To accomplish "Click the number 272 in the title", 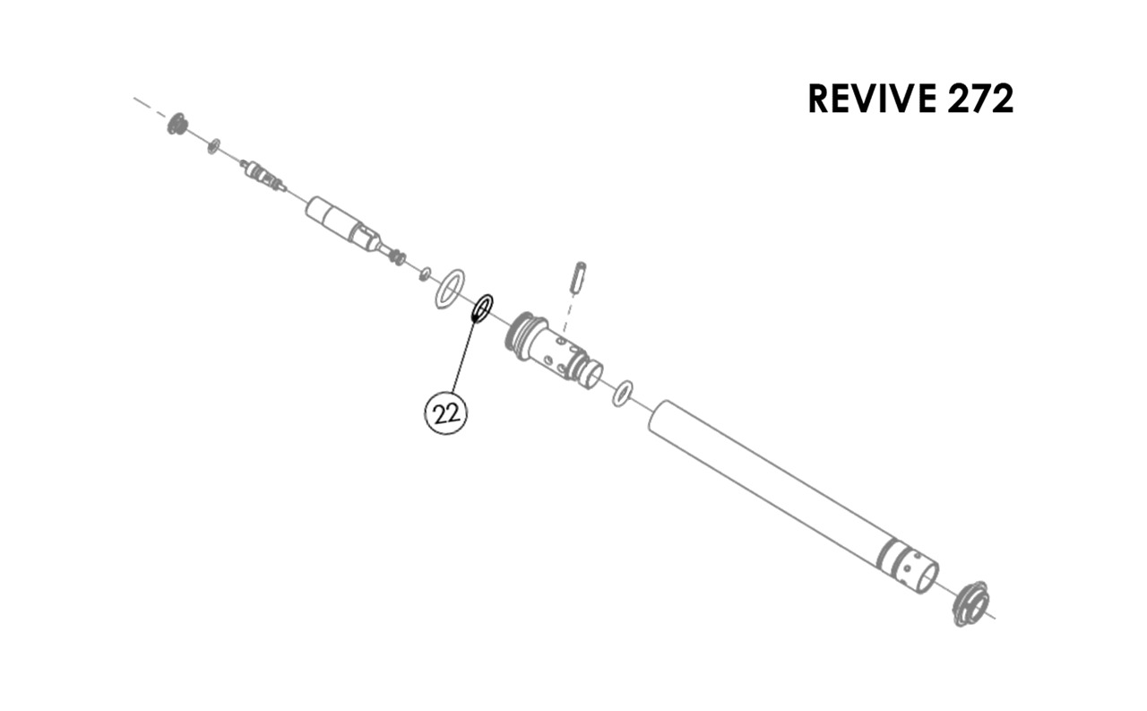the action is (x=980, y=99).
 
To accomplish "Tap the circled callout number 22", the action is (x=446, y=413).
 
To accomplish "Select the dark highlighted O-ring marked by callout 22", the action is (x=482, y=309).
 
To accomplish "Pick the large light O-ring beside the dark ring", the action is (x=450, y=290).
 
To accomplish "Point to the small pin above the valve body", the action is (x=579, y=277).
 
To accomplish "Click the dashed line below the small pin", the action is (x=567, y=313).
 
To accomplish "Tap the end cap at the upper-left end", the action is (x=177, y=124).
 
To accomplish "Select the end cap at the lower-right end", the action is (x=970, y=603).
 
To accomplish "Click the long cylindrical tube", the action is (x=793, y=497).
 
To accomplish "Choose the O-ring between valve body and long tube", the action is (x=622, y=394).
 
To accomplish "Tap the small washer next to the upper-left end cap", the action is (x=214, y=145).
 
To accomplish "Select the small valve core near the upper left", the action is (x=263, y=175).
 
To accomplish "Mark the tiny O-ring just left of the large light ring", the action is (x=425, y=274).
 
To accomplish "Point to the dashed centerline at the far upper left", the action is (x=151, y=107).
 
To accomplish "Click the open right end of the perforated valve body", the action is (x=593, y=374).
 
